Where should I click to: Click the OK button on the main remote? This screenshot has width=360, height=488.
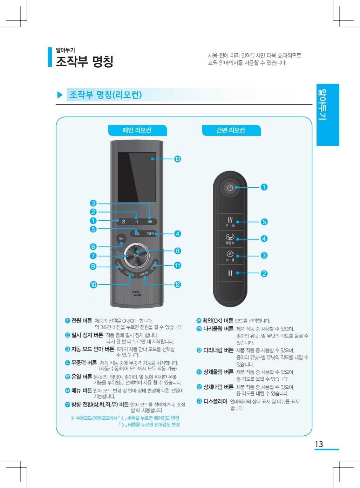[x=137, y=256]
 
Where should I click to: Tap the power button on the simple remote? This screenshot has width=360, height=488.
[x=230, y=188]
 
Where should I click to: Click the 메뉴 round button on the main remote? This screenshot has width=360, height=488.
[x=121, y=239]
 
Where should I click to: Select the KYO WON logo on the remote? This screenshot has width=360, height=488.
[x=137, y=293]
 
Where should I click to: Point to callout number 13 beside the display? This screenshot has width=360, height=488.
[x=177, y=159]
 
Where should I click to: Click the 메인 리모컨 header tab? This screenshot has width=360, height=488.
[x=137, y=130]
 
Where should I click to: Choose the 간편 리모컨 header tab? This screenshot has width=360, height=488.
[x=231, y=130]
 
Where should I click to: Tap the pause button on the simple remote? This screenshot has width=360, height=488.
[x=230, y=273]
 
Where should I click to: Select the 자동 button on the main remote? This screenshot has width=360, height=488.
[x=150, y=221]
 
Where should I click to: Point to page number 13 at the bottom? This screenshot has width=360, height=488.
[x=319, y=444]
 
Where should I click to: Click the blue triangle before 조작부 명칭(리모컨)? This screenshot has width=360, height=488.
[x=60, y=95]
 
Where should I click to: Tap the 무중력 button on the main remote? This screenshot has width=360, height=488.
[x=150, y=233]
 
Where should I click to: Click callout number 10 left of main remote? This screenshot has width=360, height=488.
[x=93, y=285]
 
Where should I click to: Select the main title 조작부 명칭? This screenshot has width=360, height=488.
[x=84, y=61]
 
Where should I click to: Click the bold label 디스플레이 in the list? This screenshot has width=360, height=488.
[x=215, y=401]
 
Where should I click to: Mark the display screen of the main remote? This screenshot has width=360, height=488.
[x=137, y=177]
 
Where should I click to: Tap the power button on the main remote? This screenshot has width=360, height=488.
[x=123, y=222]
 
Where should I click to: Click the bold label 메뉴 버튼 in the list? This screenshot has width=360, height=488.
[x=82, y=390]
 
